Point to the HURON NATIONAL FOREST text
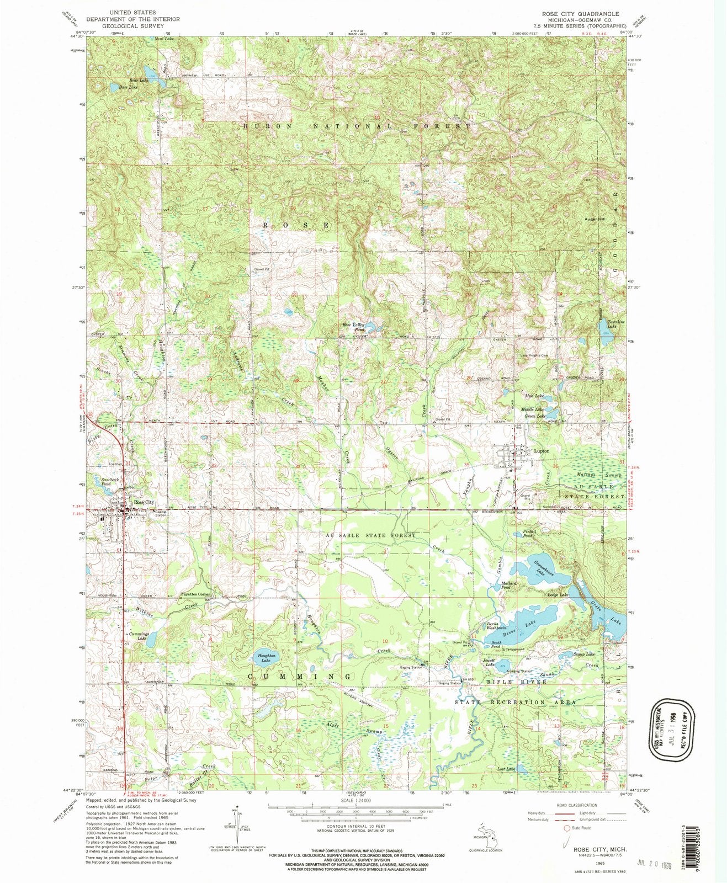[357, 126]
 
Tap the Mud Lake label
[535, 396]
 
